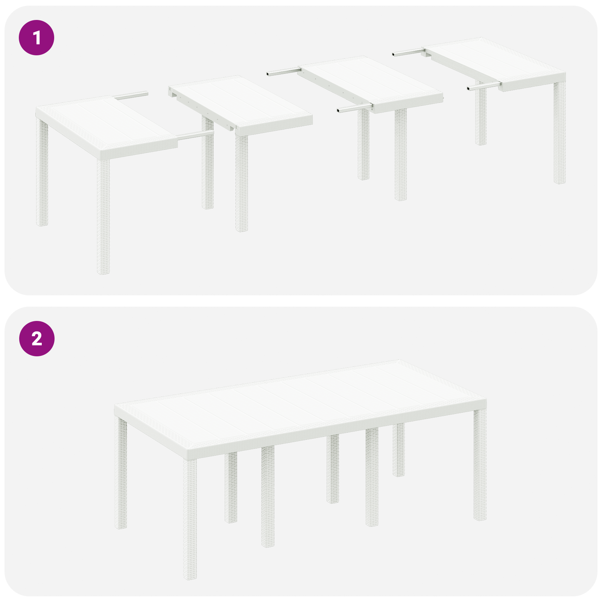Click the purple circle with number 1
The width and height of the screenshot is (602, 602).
[x=36, y=38]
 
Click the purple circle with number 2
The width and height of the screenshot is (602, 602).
[x=36, y=339]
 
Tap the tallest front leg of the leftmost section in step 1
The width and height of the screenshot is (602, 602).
[x=103, y=216]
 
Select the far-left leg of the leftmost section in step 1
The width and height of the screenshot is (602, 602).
[x=42, y=173]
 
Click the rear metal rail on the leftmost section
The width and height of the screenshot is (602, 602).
[x=132, y=96]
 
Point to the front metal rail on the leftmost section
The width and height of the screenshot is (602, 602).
[x=195, y=135]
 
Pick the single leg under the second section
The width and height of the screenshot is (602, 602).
[x=242, y=182]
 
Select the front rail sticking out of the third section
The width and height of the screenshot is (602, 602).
[x=354, y=109]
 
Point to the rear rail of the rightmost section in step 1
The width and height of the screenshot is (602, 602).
[x=408, y=52]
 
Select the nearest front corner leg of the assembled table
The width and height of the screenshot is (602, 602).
[x=190, y=519]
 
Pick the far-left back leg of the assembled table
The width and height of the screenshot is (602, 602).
[x=121, y=474]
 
